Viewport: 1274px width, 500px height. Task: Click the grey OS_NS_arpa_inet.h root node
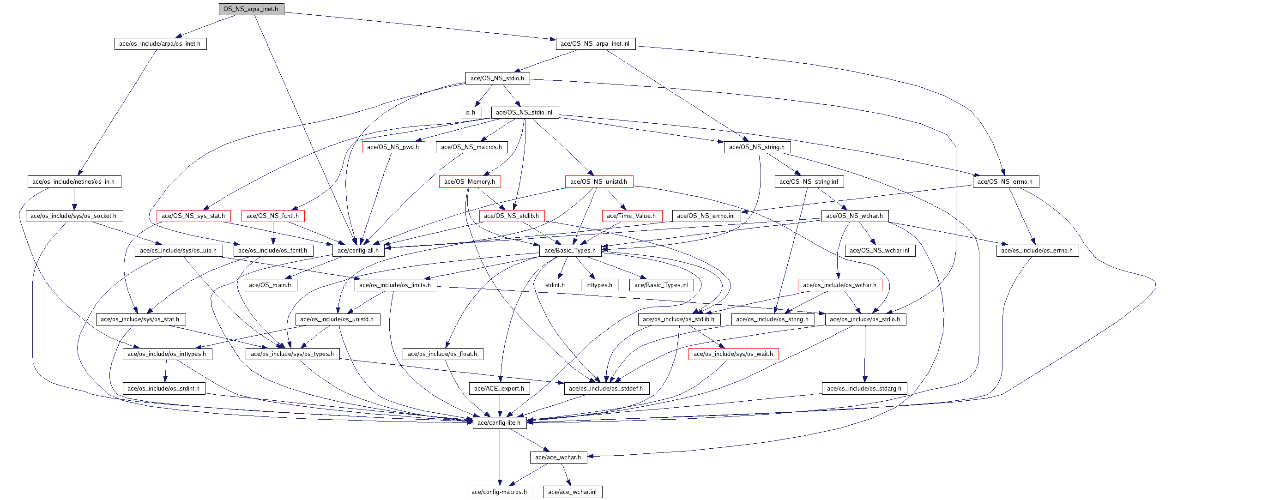tap(251, 9)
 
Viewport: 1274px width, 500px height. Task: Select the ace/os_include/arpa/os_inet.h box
tap(160, 44)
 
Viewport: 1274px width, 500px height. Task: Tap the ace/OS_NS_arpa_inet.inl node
tap(595, 44)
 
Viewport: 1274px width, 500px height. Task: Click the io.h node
tap(471, 113)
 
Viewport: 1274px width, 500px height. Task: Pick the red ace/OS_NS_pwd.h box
tap(393, 147)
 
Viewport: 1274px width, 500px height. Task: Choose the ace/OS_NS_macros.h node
tap(471, 147)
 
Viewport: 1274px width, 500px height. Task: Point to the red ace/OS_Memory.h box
tap(470, 182)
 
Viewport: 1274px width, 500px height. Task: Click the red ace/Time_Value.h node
tap(632, 216)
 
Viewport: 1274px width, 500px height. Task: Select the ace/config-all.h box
tap(358, 251)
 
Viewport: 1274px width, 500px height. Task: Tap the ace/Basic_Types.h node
tap(570, 251)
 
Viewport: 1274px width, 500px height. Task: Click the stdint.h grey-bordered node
tap(555, 285)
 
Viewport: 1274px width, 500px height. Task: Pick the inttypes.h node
tap(599, 285)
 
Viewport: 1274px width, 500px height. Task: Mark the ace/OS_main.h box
tap(270, 285)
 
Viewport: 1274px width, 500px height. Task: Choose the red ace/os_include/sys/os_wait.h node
tap(733, 354)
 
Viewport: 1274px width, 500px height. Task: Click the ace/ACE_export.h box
tap(500, 389)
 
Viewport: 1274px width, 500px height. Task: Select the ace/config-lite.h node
tap(499, 423)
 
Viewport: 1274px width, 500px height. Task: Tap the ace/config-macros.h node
tap(500, 492)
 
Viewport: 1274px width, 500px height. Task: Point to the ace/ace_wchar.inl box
tap(573, 492)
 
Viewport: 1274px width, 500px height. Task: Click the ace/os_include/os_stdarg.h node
tap(864, 389)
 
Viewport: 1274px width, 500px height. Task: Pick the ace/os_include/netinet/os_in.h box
tap(74, 182)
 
